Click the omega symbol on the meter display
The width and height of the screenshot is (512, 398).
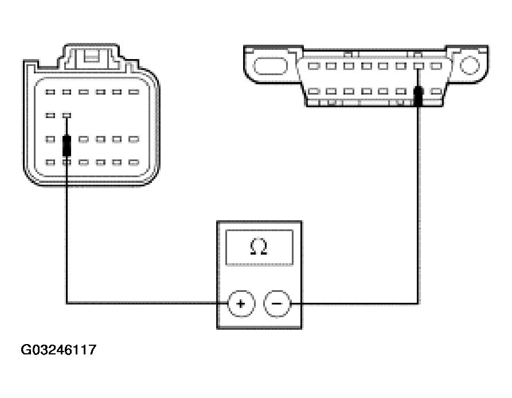point(259,247)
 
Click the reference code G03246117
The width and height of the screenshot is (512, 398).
point(58,349)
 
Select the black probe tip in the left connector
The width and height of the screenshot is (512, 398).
point(67,145)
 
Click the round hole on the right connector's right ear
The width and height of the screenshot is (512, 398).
point(468,65)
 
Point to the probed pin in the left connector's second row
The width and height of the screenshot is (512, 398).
point(67,115)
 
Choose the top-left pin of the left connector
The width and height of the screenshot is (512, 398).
point(50,92)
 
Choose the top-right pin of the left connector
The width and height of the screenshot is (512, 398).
point(134,92)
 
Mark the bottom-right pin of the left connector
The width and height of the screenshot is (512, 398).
point(134,162)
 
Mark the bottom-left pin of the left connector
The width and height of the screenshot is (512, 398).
point(50,162)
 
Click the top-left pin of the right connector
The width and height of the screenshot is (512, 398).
point(313,66)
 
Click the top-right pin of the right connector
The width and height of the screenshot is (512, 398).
point(437,66)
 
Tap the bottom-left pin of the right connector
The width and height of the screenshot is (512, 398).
point(313,91)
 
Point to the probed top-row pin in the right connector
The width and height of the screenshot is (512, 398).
point(419,66)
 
